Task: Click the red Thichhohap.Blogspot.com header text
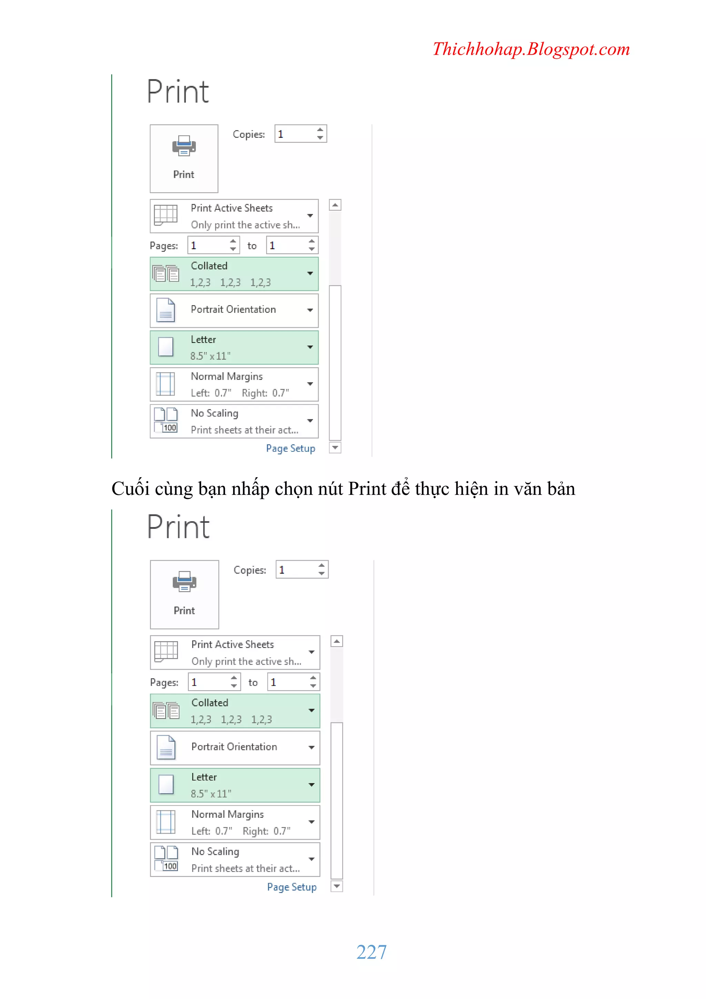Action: point(531,49)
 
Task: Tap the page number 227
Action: point(371,952)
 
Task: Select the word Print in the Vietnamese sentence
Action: point(367,488)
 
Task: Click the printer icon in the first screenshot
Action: point(184,146)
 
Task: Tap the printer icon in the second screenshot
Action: point(184,582)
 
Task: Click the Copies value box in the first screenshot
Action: point(300,134)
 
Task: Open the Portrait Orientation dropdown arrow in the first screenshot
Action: point(310,310)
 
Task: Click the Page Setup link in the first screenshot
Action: point(290,449)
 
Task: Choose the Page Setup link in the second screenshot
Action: point(292,887)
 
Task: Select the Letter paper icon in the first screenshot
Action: point(165,347)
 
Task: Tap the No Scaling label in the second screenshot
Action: point(215,852)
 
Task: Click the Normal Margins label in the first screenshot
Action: point(227,376)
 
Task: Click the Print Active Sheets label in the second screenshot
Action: point(233,644)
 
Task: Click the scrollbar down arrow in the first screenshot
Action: point(335,448)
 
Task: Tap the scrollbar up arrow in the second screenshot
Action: point(336,641)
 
